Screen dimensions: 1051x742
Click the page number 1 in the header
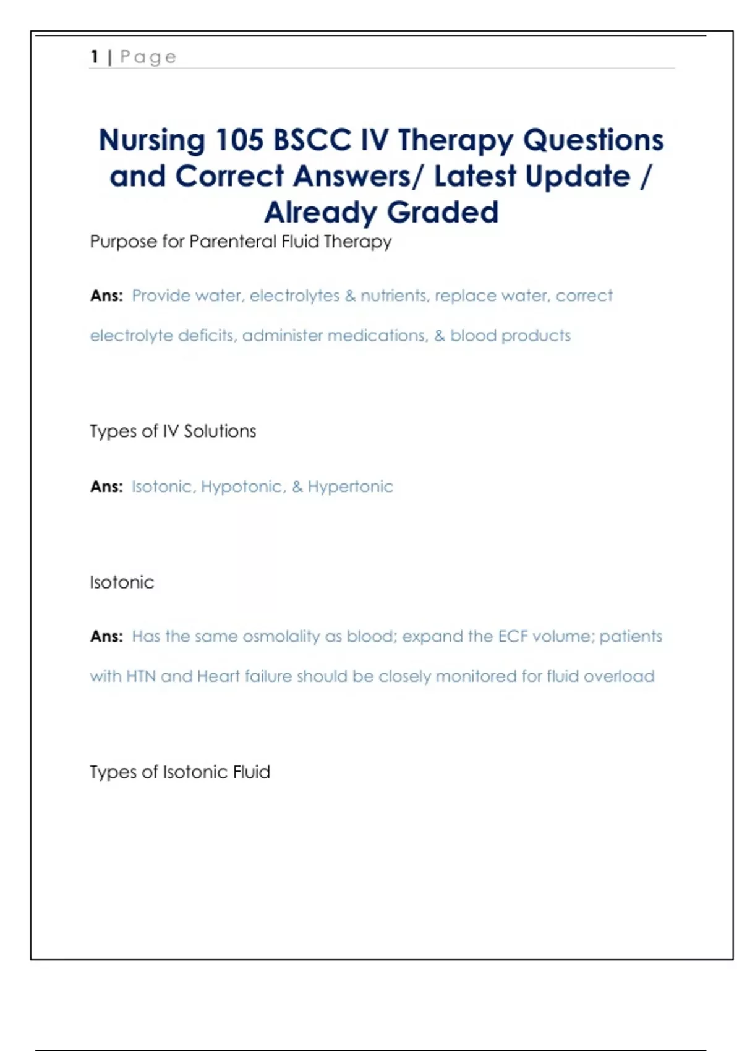[95, 57]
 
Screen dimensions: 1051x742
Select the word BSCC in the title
[312, 140]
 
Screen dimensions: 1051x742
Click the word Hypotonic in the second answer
[242, 487]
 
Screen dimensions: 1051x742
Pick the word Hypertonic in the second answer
[350, 487]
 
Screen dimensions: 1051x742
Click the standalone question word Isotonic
[122, 582]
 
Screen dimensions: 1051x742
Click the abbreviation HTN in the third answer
[141, 676]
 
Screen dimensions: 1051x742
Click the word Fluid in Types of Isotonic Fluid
[251, 772]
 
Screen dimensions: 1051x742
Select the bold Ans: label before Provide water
[106, 296]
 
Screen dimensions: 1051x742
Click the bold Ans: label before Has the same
[106, 637]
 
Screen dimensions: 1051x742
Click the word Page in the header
[148, 57]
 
